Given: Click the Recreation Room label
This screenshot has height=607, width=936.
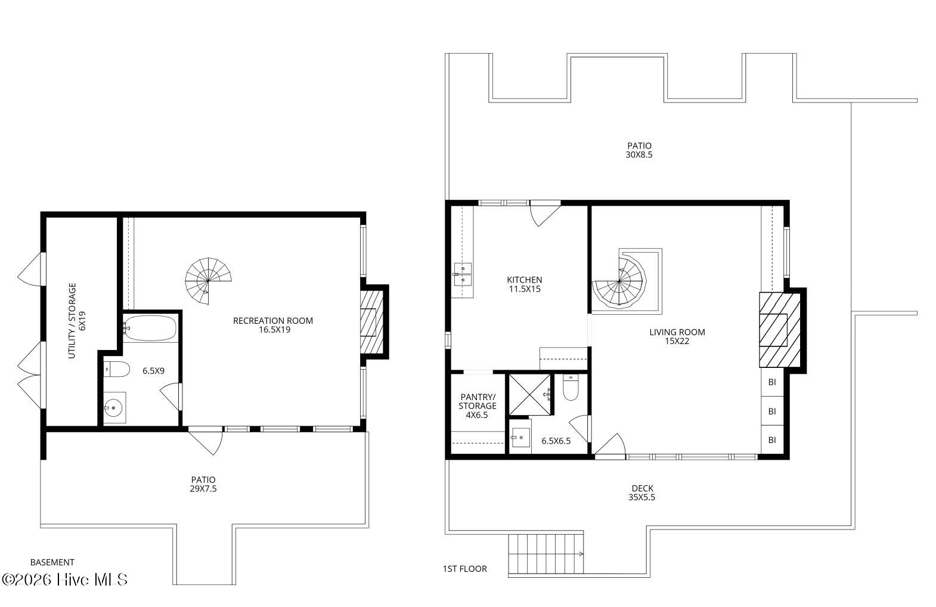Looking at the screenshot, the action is tap(273, 325).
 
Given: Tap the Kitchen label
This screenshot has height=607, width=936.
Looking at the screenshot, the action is tap(525, 284).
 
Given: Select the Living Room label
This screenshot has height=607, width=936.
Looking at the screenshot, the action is tap(677, 336).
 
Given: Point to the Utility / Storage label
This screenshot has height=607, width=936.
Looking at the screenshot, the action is tap(77, 321).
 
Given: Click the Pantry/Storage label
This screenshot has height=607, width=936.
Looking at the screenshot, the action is tap(478, 405).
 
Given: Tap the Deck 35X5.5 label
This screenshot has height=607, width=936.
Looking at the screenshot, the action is tap(642, 493).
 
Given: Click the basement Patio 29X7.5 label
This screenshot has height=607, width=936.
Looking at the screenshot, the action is tap(203, 484).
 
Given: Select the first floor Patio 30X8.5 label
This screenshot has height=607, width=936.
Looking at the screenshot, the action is tap(639, 150).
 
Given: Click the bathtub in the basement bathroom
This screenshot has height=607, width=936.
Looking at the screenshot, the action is tap(150, 328).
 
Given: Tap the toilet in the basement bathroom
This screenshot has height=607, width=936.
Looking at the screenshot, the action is tap(117, 369).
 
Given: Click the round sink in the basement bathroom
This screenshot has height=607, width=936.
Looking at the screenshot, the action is tap(113, 408).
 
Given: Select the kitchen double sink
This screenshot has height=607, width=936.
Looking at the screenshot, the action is tap(463, 274).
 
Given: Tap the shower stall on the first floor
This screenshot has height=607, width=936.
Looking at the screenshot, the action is tap(529, 395).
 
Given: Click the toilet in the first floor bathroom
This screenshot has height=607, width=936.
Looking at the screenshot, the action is tap(571, 388).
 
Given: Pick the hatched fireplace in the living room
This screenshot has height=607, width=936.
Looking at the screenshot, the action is tap(780, 330).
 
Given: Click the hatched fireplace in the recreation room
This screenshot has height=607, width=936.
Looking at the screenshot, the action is tap(372, 322).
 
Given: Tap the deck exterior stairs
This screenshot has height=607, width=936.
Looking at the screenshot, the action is tap(546, 553).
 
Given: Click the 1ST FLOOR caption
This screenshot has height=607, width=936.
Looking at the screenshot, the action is tap(464, 568).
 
